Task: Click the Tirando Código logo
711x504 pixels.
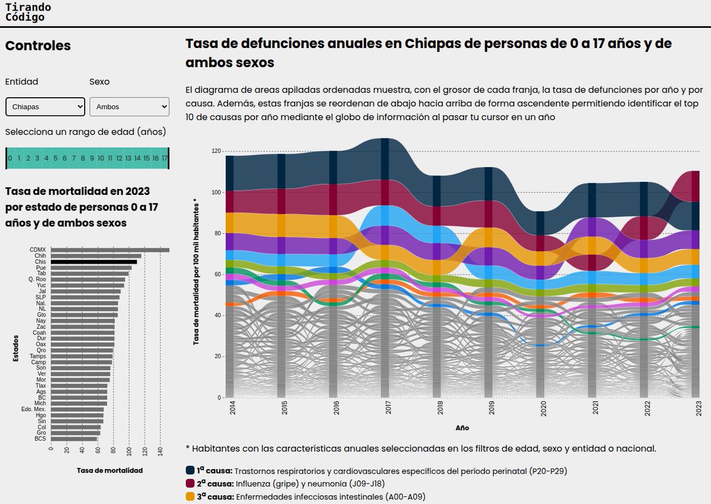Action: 28,12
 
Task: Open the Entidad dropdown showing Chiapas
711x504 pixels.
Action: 45,107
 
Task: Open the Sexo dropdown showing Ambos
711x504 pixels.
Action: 129,107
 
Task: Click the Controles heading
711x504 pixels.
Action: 38,46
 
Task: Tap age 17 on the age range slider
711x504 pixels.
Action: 164,158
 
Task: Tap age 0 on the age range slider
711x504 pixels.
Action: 10,158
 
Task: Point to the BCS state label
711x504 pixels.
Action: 40,439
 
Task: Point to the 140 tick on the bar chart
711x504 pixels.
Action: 161,451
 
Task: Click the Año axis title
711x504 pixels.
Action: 462,428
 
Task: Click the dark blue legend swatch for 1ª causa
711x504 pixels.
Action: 190,470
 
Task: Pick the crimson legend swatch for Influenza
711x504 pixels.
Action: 190,483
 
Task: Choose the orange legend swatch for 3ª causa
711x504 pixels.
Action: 190,496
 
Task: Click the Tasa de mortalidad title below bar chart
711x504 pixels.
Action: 110,470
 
